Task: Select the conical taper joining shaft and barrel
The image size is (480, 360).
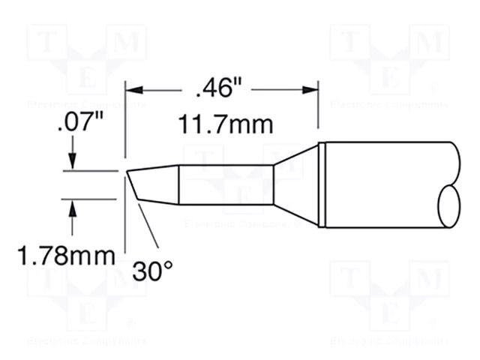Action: point(295,185)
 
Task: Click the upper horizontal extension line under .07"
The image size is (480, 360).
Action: point(90,171)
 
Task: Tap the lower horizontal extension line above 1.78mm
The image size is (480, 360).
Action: point(90,199)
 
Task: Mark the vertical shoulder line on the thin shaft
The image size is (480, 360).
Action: point(178,185)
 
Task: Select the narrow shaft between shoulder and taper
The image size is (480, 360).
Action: point(225,185)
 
